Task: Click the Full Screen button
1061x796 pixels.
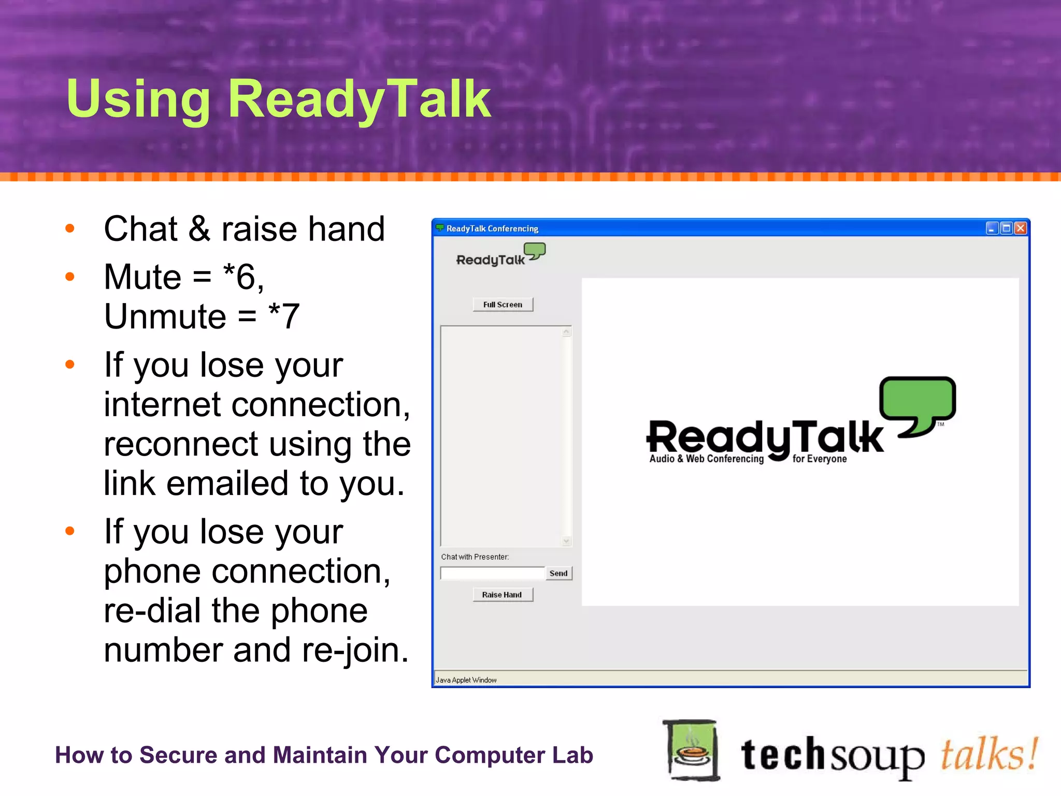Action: (x=503, y=305)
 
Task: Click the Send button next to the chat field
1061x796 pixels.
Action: (x=558, y=573)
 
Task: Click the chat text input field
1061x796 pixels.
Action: (x=492, y=573)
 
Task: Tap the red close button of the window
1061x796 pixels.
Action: (x=1021, y=228)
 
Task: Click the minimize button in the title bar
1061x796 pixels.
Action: (x=992, y=228)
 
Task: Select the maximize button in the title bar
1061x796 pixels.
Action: (x=1006, y=228)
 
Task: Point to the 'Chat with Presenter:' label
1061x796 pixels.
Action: (x=475, y=557)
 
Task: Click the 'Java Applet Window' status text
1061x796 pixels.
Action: (x=466, y=680)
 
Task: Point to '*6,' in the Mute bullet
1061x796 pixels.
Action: (x=243, y=277)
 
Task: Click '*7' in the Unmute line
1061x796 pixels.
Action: (x=284, y=316)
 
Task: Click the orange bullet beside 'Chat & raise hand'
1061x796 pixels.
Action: (x=70, y=228)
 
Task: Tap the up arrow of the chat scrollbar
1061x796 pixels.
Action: (x=566, y=332)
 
